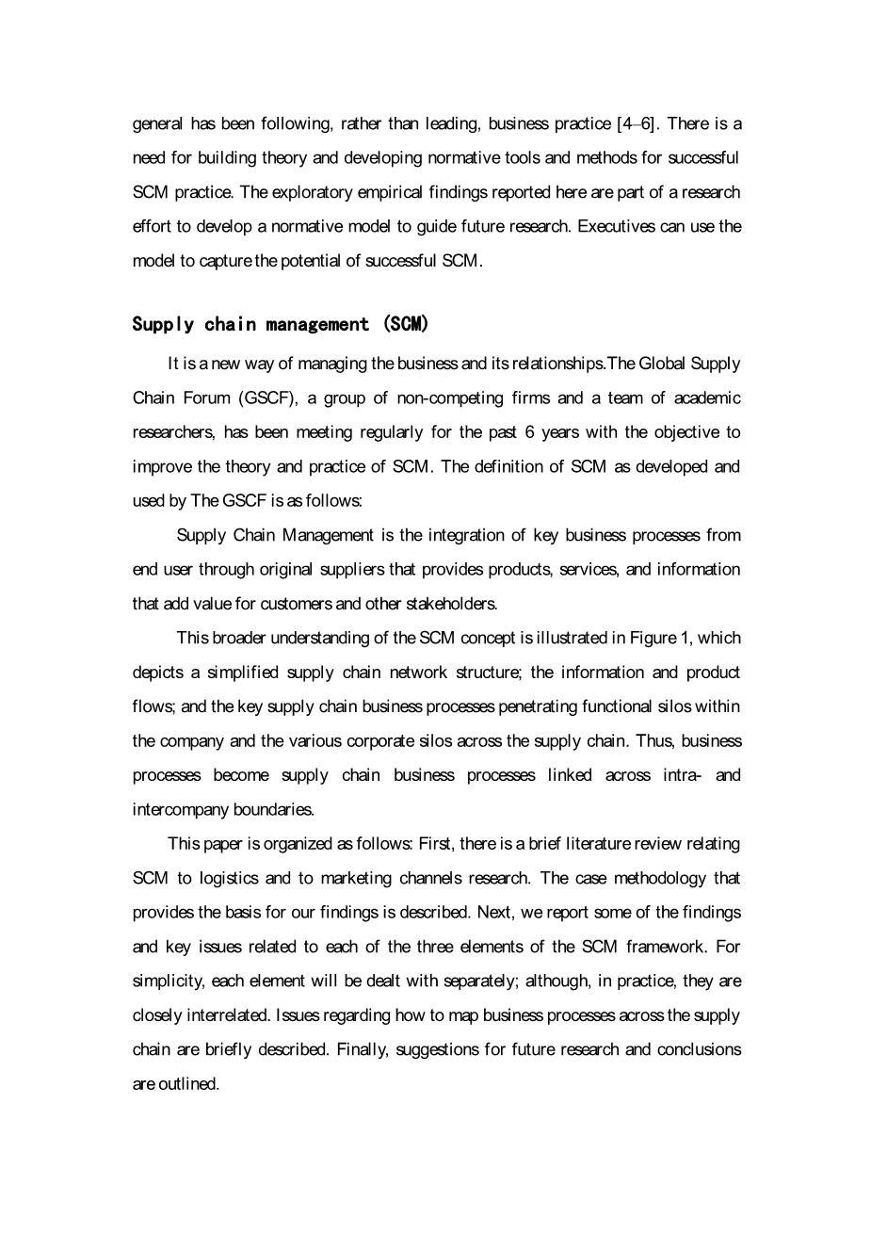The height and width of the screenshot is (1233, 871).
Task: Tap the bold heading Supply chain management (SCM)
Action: click(281, 325)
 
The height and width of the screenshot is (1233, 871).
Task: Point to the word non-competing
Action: click(450, 397)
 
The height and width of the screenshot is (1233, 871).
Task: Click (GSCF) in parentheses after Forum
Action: click(269, 397)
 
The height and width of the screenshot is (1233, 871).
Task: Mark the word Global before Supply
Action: click(664, 364)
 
